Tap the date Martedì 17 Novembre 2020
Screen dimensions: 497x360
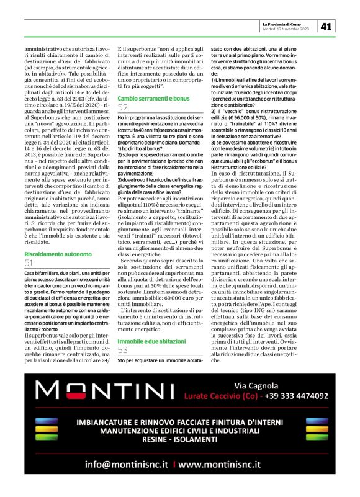coord(286,29)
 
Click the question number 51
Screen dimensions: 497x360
coord(29,263)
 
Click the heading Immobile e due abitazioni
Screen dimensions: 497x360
coord(146,341)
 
